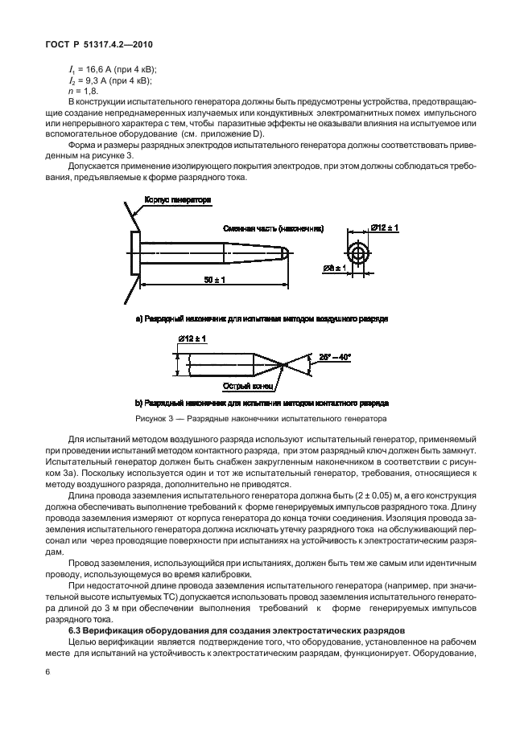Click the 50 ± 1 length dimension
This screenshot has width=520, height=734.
coord(213,279)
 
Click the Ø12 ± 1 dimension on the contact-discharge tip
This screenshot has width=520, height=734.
coord(192,340)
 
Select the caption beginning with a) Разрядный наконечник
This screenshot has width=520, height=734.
coord(262,319)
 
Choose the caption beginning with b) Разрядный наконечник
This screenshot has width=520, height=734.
coord(262,402)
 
